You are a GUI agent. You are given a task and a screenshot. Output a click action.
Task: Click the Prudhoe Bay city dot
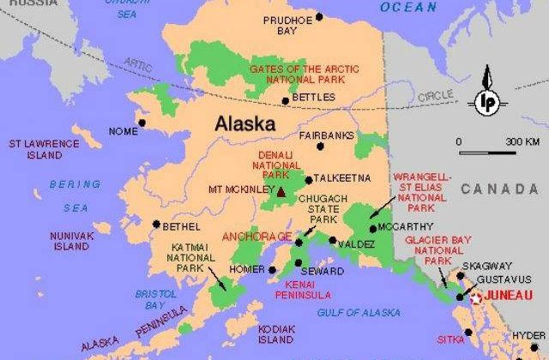tap(319, 16)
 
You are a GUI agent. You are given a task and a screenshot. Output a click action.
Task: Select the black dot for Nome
tap(142, 123)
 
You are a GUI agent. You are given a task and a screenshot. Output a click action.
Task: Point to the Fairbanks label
tap(327, 135)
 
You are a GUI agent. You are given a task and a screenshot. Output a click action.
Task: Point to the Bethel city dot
tap(156, 225)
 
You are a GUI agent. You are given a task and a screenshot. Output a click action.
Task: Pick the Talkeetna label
tap(342, 178)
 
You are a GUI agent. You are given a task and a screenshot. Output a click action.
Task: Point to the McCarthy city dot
tap(371, 228)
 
